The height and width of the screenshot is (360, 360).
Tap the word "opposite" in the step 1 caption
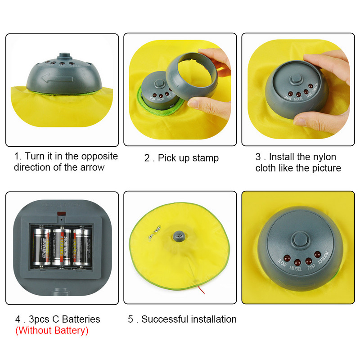click(x=99, y=156)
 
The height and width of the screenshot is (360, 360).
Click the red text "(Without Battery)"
click(x=52, y=331)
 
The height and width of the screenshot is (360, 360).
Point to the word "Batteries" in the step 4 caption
click(x=81, y=319)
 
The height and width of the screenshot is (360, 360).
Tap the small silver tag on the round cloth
click(x=156, y=234)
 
